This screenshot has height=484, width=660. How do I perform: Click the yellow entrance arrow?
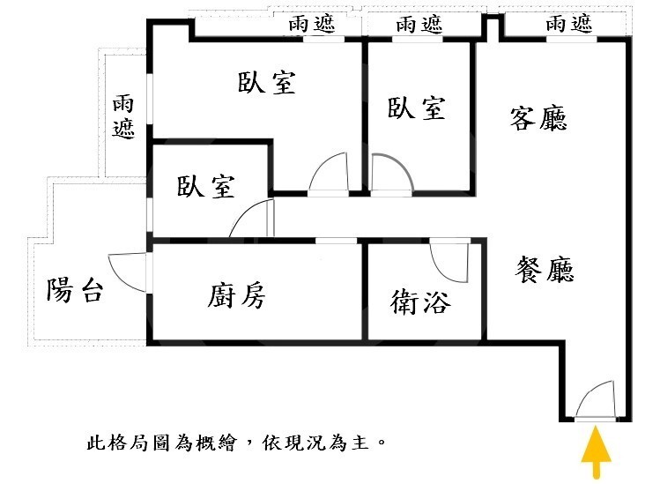(x=596, y=453)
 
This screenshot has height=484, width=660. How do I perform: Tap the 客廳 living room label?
(x=538, y=118)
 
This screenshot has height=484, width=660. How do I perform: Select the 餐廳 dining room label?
(x=545, y=269)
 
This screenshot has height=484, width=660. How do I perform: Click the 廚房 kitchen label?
(x=236, y=295)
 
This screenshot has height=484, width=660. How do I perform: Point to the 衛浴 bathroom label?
(x=420, y=302)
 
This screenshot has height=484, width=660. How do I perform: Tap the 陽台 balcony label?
(x=75, y=290)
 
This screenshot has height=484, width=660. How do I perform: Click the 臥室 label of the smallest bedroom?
(x=206, y=186)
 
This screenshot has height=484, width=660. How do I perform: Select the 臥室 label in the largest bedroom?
(x=266, y=82)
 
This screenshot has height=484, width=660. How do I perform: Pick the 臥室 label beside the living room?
(x=416, y=108)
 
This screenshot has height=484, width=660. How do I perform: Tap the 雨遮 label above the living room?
(x=569, y=24)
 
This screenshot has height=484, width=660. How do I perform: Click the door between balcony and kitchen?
(x=127, y=272)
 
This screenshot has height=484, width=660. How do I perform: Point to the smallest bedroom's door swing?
(x=250, y=218)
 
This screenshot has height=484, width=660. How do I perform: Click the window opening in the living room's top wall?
(x=571, y=39)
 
